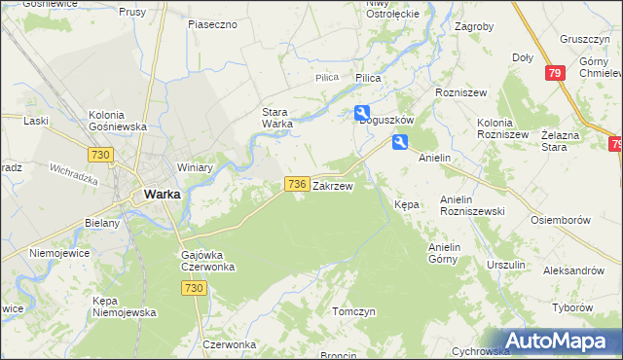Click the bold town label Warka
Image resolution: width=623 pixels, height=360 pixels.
[x=162, y=194]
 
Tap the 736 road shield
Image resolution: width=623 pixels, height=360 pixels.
[x=298, y=183]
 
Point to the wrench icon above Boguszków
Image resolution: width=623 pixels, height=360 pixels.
[x=362, y=112]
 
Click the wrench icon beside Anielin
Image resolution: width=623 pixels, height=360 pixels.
[x=400, y=142]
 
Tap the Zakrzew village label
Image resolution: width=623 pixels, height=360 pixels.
[x=332, y=184]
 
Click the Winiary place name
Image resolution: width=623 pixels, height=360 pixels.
[x=195, y=167]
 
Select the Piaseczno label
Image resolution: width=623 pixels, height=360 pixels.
[x=213, y=23]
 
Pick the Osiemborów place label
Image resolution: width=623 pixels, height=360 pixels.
[x=561, y=220]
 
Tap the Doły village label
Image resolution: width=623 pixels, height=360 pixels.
[x=523, y=57]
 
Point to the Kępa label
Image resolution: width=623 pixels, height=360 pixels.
[x=406, y=205]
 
